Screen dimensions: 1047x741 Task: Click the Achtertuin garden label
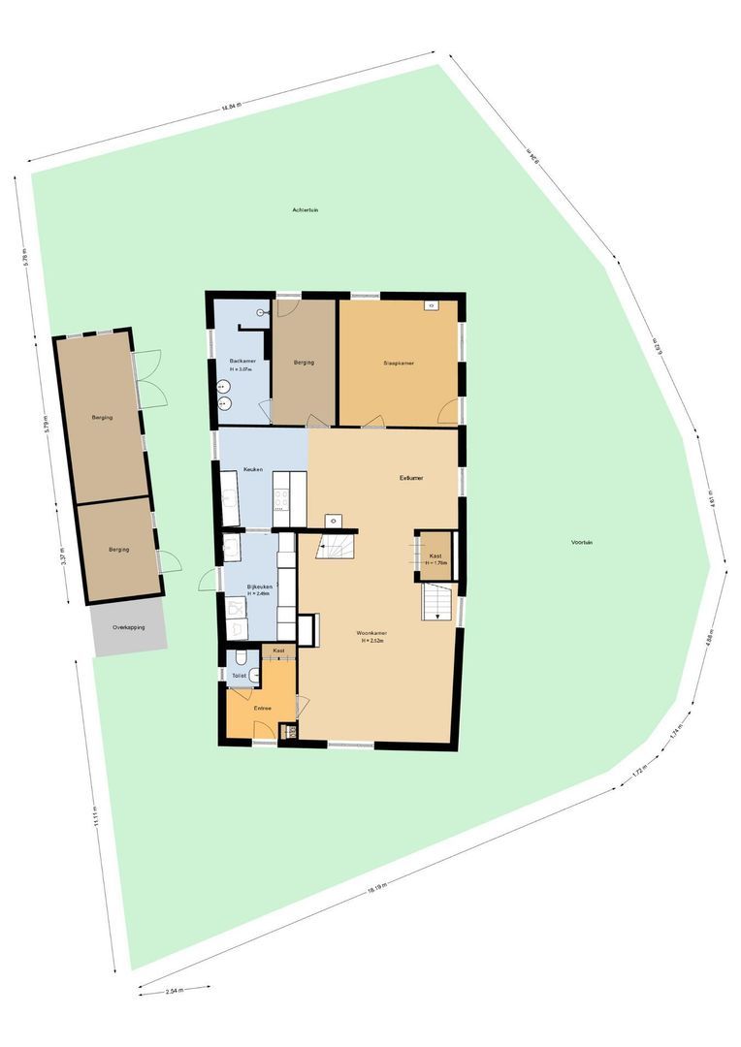coord(311,210)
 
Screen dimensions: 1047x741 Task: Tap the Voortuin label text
coord(582,542)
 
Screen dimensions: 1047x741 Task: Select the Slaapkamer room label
coord(399,364)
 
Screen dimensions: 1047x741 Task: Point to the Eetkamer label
coord(411,477)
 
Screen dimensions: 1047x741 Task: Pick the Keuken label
coord(254,469)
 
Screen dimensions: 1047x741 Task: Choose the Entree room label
coord(262,709)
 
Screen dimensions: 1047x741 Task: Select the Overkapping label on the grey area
coord(129,627)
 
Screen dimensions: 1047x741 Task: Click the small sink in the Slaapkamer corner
coord(430,306)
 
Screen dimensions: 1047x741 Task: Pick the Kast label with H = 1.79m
coord(435,556)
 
